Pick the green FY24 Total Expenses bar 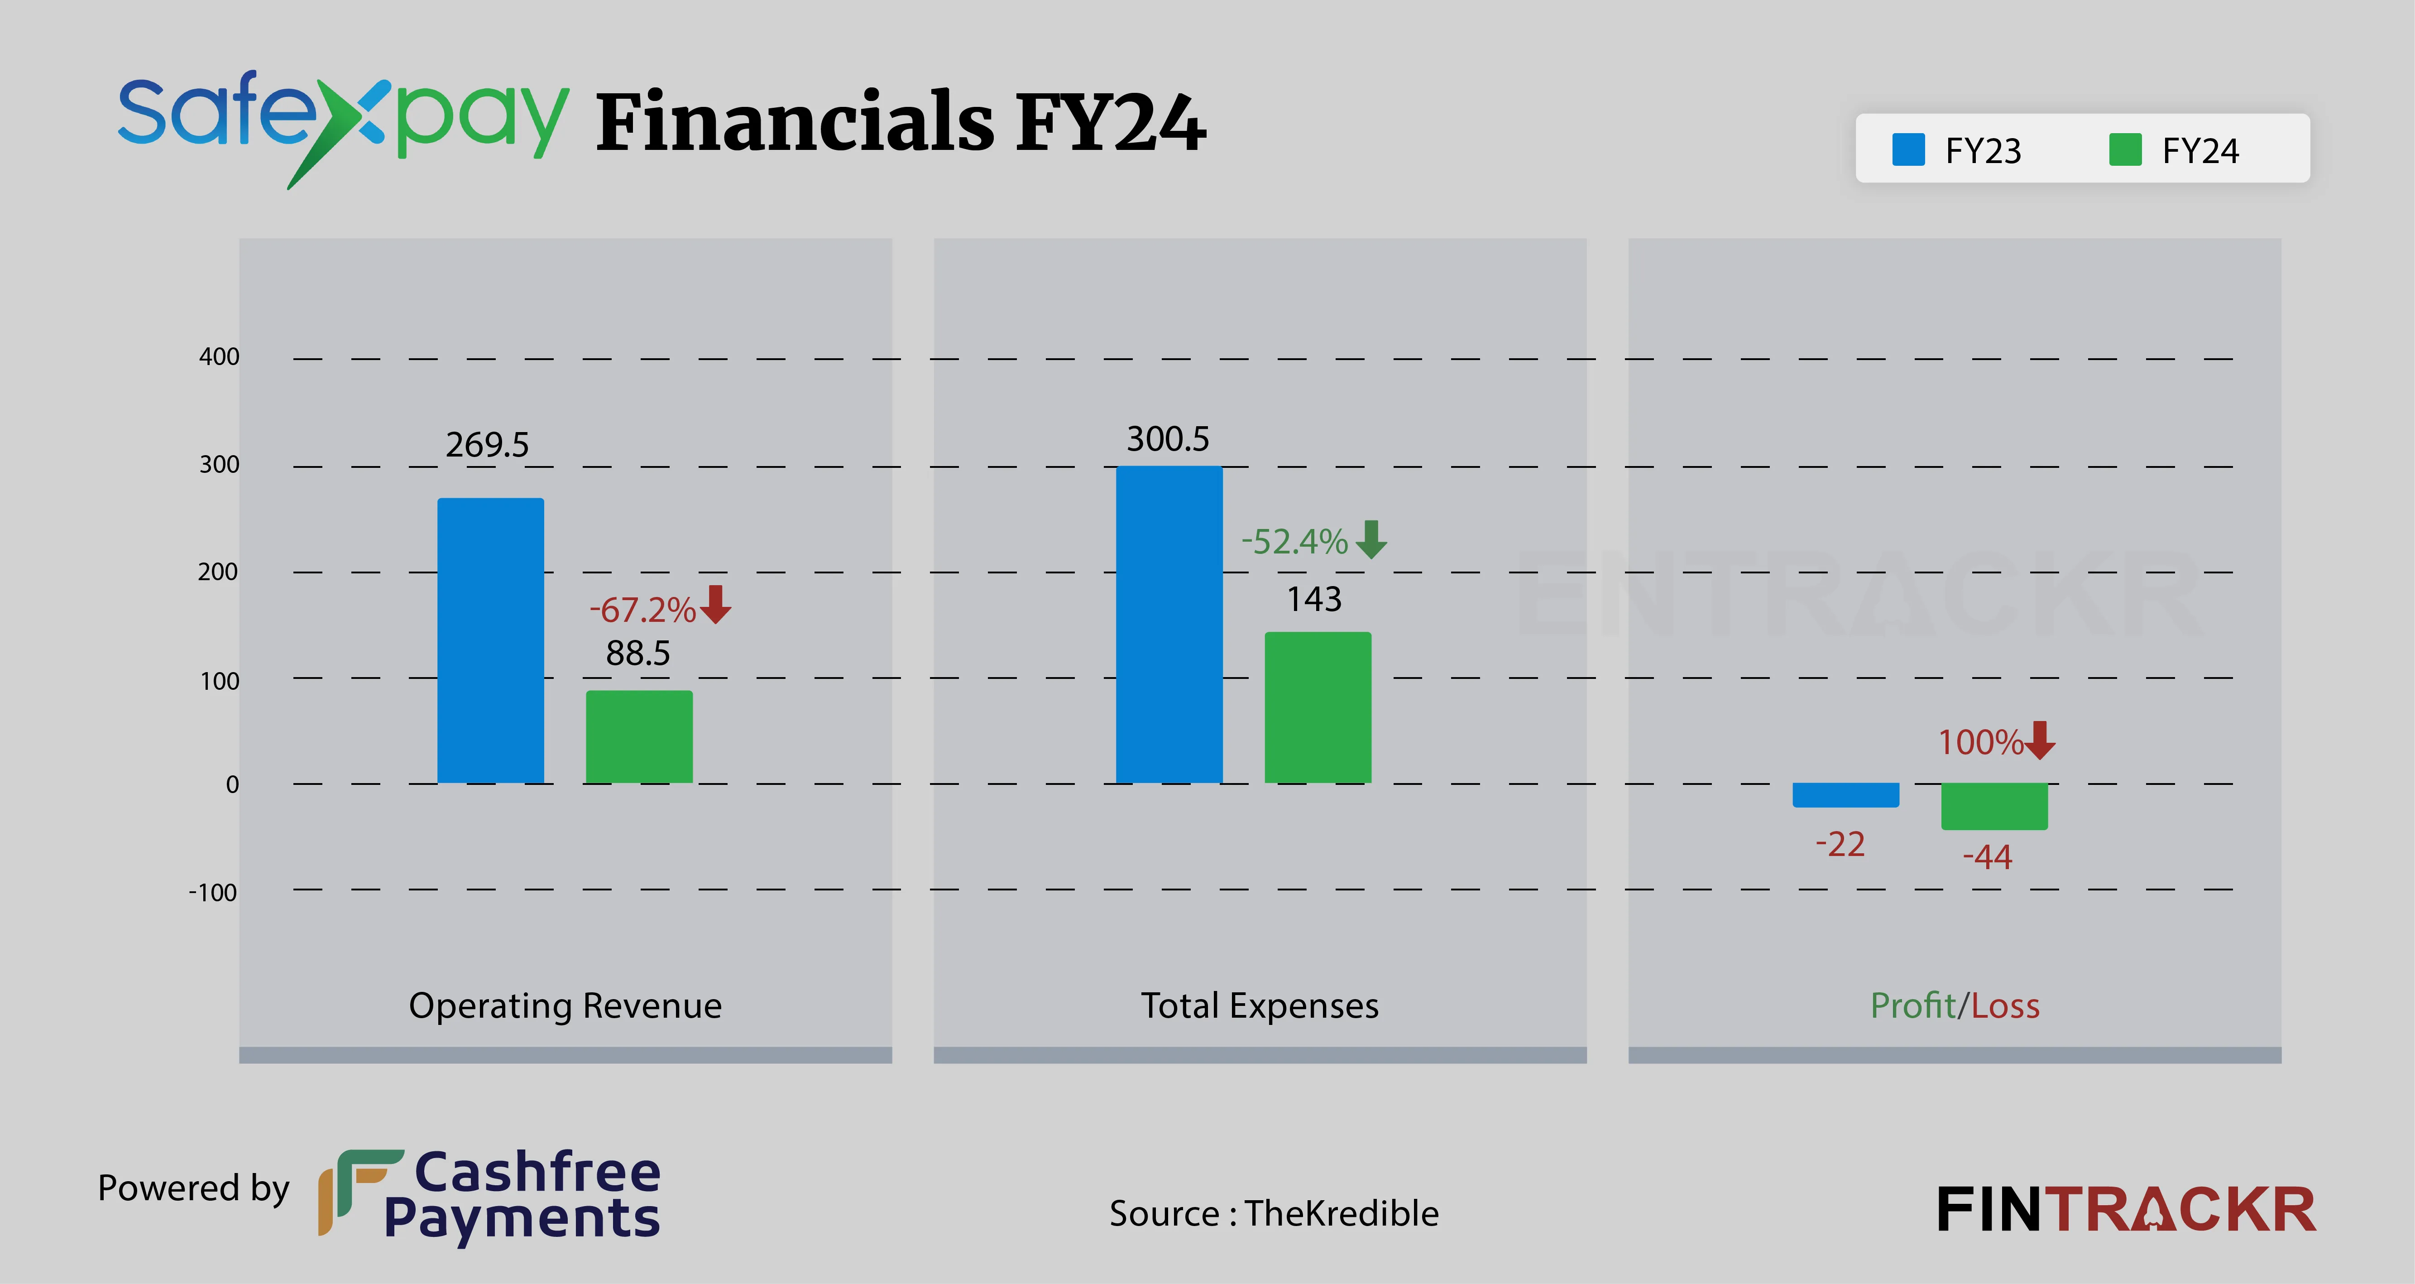[x=1317, y=707]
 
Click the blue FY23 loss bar [x=1845, y=794]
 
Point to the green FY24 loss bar [x=1994, y=806]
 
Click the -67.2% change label [x=642, y=610]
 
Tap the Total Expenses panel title [x=1259, y=1005]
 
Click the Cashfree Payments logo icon [x=358, y=1191]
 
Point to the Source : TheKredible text [x=1273, y=1213]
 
